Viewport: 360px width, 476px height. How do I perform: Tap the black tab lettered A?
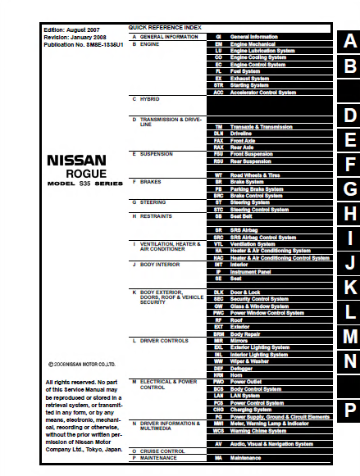click(349, 41)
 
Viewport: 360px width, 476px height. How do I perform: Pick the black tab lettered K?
click(349, 287)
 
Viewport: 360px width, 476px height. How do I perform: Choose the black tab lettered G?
click(349, 189)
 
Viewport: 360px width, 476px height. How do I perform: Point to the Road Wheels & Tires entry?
click(266, 175)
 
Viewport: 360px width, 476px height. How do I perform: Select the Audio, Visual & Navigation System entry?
click(275, 443)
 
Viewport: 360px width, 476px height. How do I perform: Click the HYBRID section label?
click(149, 99)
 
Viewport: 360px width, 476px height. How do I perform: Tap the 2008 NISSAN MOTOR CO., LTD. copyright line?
click(81, 365)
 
